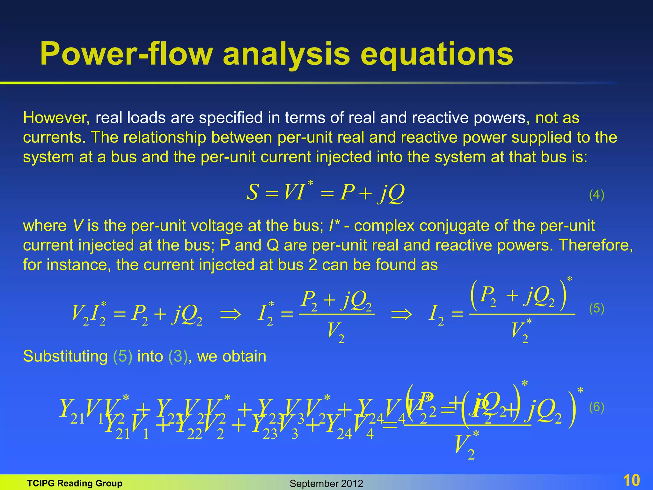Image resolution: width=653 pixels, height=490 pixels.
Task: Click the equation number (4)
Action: point(597,195)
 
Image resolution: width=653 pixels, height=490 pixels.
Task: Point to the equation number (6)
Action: point(597,407)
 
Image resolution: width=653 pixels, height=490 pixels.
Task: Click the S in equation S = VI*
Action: point(253,193)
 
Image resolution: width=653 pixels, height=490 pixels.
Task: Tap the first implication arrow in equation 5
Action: point(231,315)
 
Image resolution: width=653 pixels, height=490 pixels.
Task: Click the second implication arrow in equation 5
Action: point(401,315)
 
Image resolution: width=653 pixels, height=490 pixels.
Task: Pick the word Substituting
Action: point(65,356)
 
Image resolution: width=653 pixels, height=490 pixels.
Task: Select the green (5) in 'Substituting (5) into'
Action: point(123,356)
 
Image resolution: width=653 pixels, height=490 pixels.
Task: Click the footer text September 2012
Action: point(326,484)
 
